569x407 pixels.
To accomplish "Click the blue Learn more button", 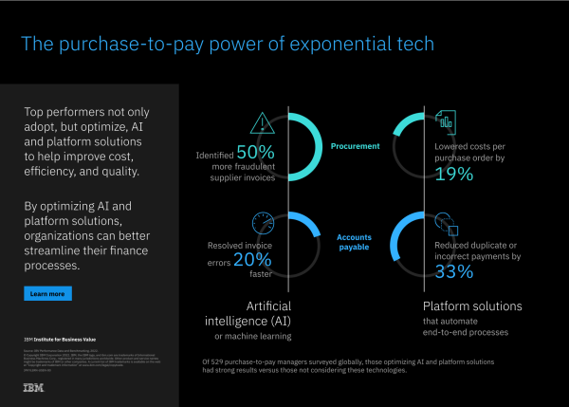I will pos(47,294).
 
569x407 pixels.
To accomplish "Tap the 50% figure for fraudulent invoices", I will pos(255,152).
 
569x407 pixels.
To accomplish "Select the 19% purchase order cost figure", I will pos(453,173).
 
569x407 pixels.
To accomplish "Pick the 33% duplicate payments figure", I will pos(454,271).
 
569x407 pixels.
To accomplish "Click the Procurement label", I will pos(356,147).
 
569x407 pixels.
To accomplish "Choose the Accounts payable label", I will pos(353,242).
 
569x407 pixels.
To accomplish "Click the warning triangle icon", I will pos(261,123).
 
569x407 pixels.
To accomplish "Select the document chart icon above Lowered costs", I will pos(446,122).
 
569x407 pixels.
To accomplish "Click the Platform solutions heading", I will pos(470,306).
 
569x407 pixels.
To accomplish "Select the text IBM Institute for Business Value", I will pos(64,338).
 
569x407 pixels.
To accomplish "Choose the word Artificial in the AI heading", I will pos(267,305).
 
